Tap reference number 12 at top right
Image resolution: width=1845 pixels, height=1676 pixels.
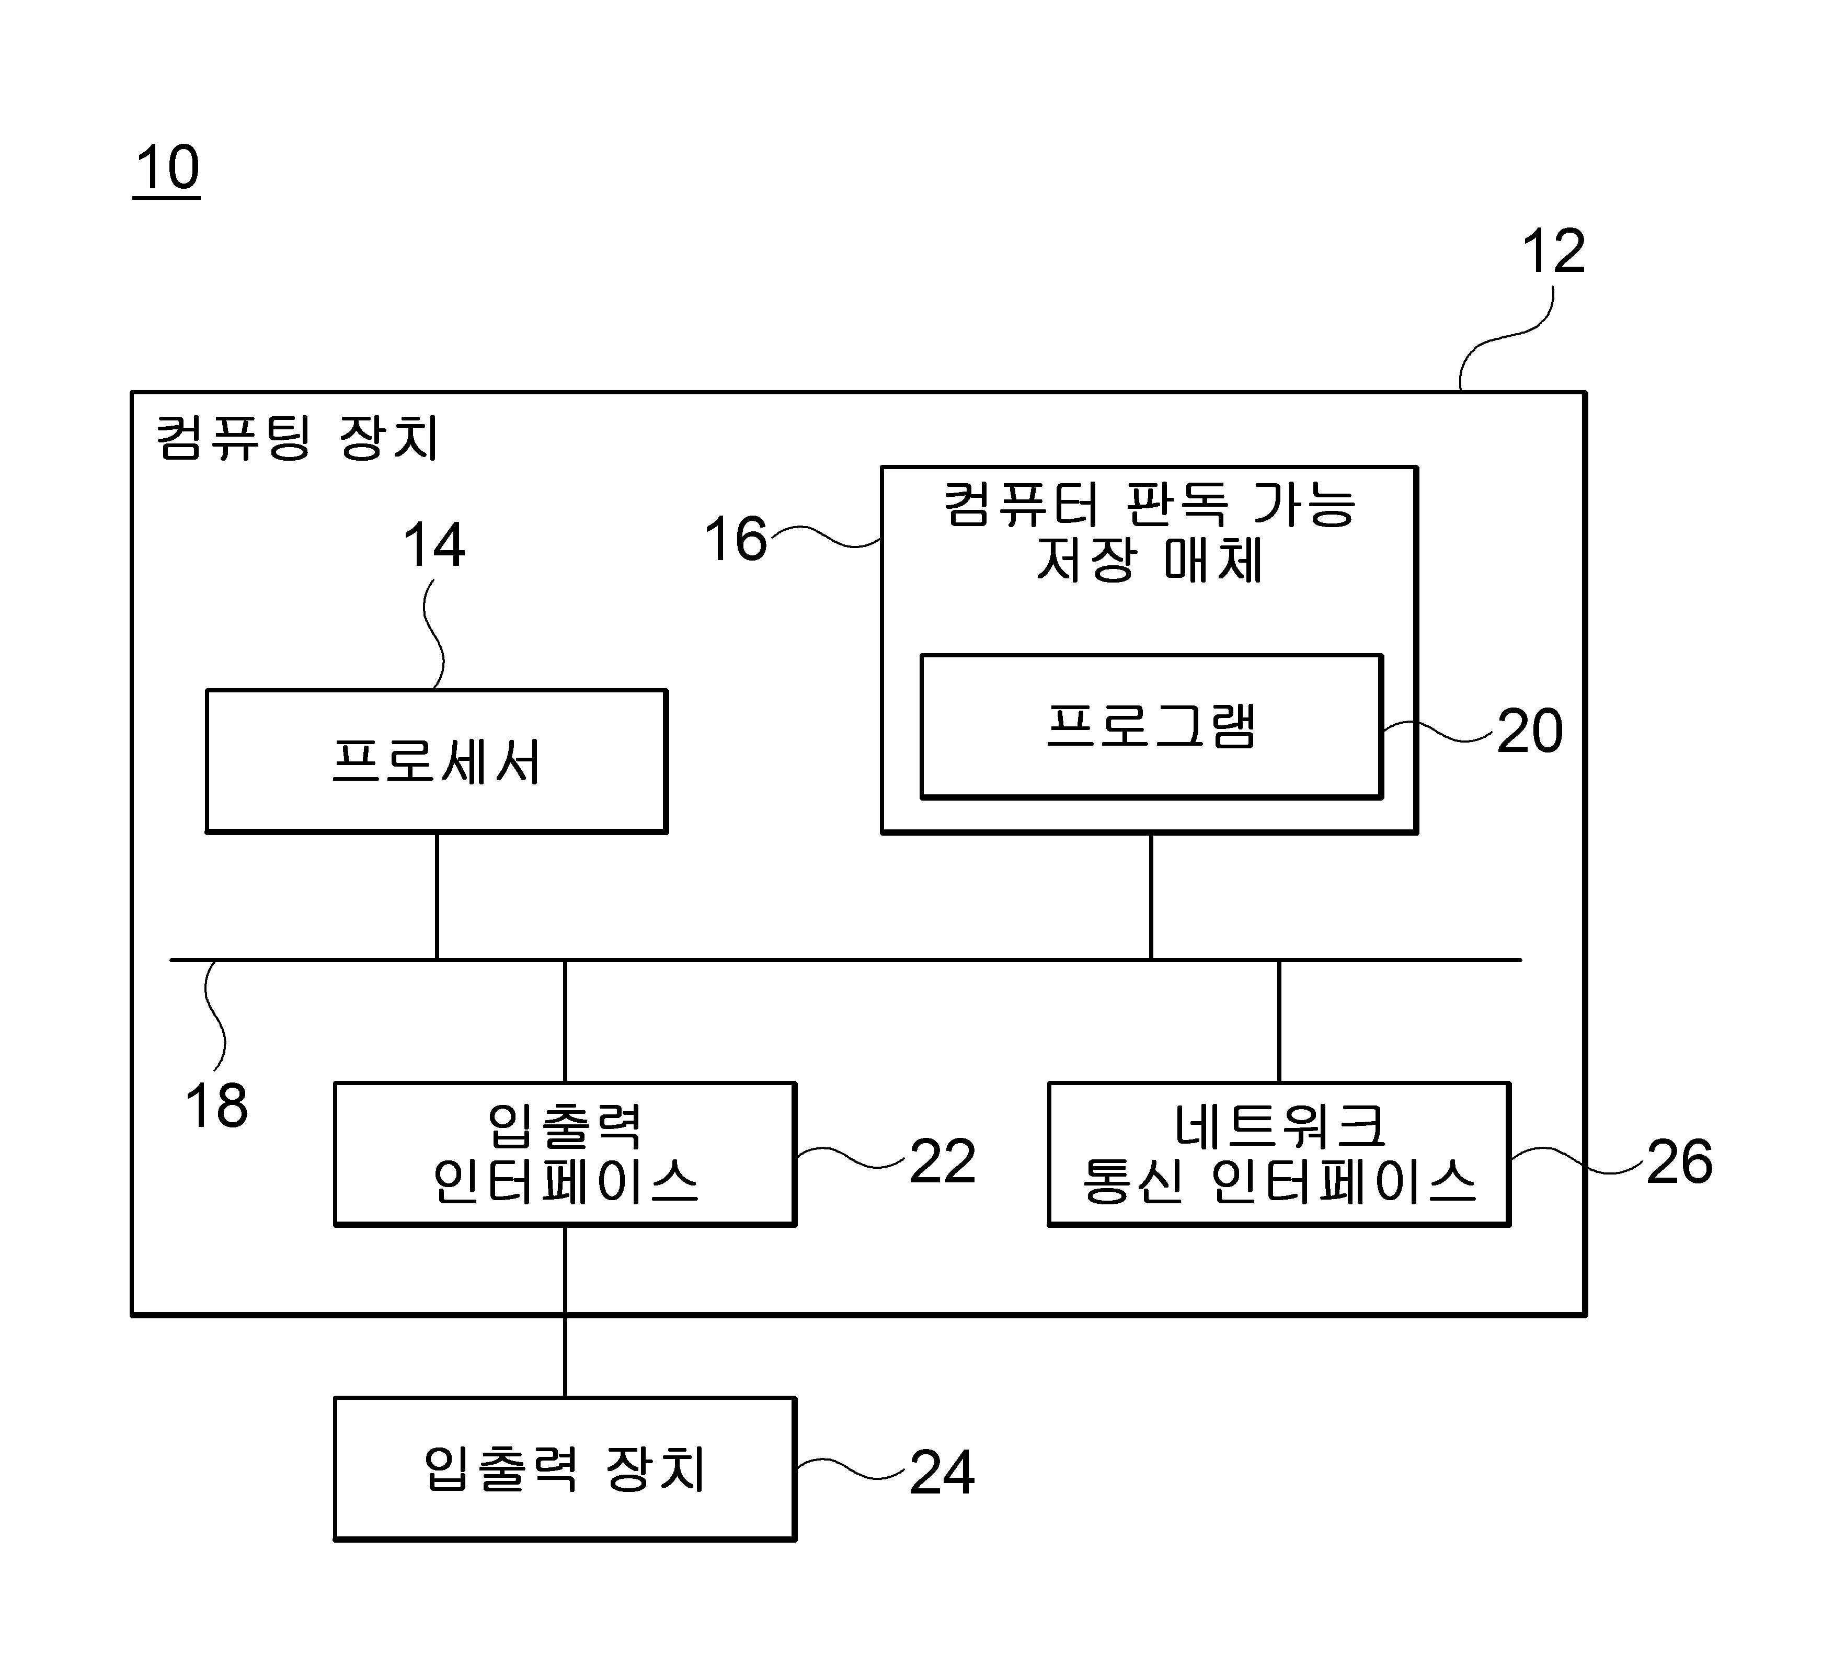coord(1553,251)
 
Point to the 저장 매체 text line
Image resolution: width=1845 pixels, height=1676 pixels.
coord(1150,560)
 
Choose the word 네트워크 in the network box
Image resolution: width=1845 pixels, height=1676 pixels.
coord(1279,1126)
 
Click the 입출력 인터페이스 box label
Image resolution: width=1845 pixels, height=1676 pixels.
coord(565,1154)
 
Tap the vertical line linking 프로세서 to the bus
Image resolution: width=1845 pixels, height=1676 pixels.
coord(437,896)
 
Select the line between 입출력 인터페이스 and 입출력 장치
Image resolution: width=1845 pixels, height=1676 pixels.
coord(565,1312)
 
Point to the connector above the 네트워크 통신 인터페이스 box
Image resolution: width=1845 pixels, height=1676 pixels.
coord(1278,1021)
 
